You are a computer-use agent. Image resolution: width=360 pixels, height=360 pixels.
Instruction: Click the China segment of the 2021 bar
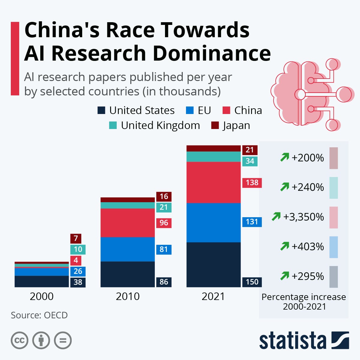point(213,182)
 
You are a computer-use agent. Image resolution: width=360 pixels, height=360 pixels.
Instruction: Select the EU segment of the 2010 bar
point(127,249)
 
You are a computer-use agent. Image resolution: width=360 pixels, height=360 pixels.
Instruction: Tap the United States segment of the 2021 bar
point(213,265)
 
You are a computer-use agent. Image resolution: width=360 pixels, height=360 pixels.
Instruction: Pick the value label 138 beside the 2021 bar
point(252,183)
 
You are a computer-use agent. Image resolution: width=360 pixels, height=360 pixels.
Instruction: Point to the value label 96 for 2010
point(164,223)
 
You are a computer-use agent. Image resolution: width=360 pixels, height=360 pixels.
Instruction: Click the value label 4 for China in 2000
point(76,260)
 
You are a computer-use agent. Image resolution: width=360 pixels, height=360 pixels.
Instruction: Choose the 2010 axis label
point(127,296)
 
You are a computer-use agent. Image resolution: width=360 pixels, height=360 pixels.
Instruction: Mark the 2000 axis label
point(42,296)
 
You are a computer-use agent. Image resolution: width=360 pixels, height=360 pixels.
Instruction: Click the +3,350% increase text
point(303,217)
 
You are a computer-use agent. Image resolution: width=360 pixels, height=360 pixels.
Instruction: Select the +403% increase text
point(307,246)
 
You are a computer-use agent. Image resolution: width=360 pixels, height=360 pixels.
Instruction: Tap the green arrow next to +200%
point(284,157)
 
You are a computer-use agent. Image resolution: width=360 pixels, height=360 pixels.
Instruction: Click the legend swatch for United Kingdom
point(113,125)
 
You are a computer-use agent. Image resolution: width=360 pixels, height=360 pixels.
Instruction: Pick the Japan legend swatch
point(215,125)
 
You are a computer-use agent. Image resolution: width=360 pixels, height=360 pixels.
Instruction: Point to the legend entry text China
point(248,110)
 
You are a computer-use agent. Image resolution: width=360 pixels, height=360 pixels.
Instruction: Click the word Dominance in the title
point(212,53)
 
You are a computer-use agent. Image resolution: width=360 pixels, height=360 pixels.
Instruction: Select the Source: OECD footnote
point(39,315)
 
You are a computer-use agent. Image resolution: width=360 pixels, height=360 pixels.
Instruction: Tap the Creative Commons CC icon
point(19,340)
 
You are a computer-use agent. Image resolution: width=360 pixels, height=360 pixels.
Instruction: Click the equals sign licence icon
point(63,340)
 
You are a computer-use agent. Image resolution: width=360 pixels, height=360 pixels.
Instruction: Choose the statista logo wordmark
point(292,341)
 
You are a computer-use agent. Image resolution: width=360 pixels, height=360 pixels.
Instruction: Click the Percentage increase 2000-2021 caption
point(304,301)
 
